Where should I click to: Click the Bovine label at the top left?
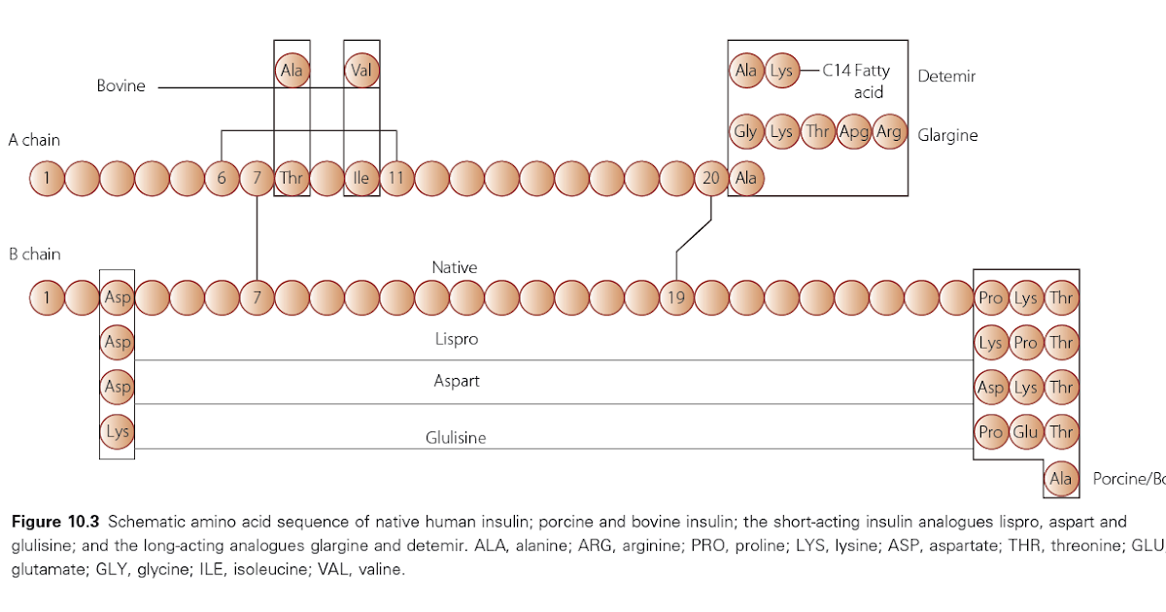[120, 86]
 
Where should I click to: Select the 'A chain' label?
[34, 140]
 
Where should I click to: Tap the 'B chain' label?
[34, 255]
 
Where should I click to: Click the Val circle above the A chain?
[361, 71]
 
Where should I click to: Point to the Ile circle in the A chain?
[361, 179]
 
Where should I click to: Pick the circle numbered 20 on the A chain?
[711, 179]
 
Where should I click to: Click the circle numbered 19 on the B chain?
[676, 298]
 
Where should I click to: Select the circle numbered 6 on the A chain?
[222, 179]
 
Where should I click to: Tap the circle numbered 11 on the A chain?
[396, 179]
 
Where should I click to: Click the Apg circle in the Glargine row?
[853, 132]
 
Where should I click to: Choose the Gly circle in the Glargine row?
[745, 132]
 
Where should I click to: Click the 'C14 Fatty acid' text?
[855, 81]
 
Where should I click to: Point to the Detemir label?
[946, 76]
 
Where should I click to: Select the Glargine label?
[947, 135]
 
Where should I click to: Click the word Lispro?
[456, 340]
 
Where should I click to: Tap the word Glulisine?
[456, 438]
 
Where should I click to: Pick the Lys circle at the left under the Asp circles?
[118, 430]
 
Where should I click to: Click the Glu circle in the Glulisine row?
[1026, 432]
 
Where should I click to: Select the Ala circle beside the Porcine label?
[1061, 478]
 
